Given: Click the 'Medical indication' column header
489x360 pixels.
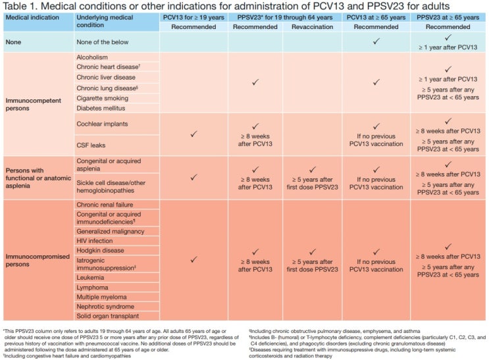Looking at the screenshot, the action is tap(32, 18).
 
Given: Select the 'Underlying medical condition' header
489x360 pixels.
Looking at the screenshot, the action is tap(105, 21).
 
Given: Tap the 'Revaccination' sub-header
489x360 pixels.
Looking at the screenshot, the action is tap(312, 27).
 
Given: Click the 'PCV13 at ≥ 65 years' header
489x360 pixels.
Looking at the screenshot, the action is tap(376, 18).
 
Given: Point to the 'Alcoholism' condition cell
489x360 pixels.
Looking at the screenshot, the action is tap(92, 57).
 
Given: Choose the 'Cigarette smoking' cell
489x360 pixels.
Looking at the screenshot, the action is tap(102, 98).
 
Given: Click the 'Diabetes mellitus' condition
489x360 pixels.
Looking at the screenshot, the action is tap(101, 108).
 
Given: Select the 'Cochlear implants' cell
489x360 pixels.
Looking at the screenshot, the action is tap(102, 124).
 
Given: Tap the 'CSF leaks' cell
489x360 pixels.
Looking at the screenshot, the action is tap(91, 145).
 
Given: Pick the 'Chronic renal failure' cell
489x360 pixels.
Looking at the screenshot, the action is tap(105, 205).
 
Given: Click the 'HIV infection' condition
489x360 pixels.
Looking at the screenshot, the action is tap(95, 241).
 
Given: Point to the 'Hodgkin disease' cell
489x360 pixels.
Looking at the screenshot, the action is tap(100, 251).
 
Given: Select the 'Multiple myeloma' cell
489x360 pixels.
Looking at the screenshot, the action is tap(101, 297).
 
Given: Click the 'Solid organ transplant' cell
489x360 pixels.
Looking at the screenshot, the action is tap(107, 316).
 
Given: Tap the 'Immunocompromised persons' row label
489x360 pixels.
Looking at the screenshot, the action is tap(38, 260).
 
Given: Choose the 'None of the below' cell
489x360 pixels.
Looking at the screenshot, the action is tap(102, 42).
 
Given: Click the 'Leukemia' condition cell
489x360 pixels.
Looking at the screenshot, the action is tap(90, 278).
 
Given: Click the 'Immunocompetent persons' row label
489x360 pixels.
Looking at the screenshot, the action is tap(34, 104).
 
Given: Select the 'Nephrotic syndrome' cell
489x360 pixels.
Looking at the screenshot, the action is tap(105, 307).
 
